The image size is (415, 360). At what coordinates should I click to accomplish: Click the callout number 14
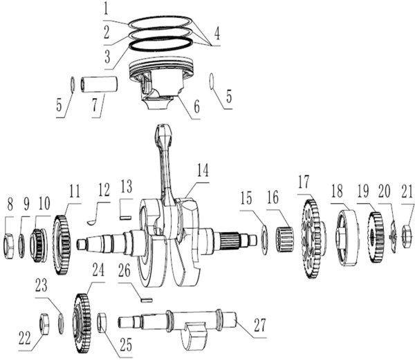(x=203, y=170)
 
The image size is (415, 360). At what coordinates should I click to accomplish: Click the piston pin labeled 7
(x=99, y=84)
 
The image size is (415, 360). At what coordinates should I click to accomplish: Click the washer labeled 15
(x=264, y=239)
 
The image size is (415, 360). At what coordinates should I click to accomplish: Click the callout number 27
(x=259, y=325)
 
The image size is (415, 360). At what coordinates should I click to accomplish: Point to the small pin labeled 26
(x=146, y=300)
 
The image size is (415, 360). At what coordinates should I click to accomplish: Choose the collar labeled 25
(x=102, y=323)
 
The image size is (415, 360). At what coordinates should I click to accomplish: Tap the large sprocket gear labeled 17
(x=311, y=239)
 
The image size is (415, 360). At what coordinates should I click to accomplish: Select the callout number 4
(x=217, y=34)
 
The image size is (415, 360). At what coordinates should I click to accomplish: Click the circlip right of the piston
(x=212, y=82)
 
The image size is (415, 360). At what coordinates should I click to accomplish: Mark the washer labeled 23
(x=61, y=323)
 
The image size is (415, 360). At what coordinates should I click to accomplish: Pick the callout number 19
(x=363, y=191)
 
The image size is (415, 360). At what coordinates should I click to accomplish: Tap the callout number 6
(x=197, y=107)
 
